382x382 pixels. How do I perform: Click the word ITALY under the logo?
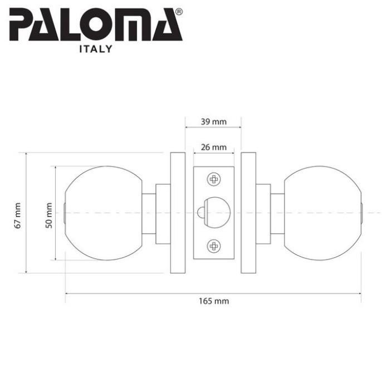(95, 49)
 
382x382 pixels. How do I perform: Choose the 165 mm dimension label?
(213, 301)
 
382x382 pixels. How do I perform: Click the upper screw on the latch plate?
(213, 179)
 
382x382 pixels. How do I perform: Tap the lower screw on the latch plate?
(213, 246)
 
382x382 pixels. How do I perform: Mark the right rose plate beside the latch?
(248, 213)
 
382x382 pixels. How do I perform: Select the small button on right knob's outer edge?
(362, 213)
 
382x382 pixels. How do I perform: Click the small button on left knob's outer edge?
(65, 213)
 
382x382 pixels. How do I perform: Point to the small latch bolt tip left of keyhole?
(199, 213)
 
